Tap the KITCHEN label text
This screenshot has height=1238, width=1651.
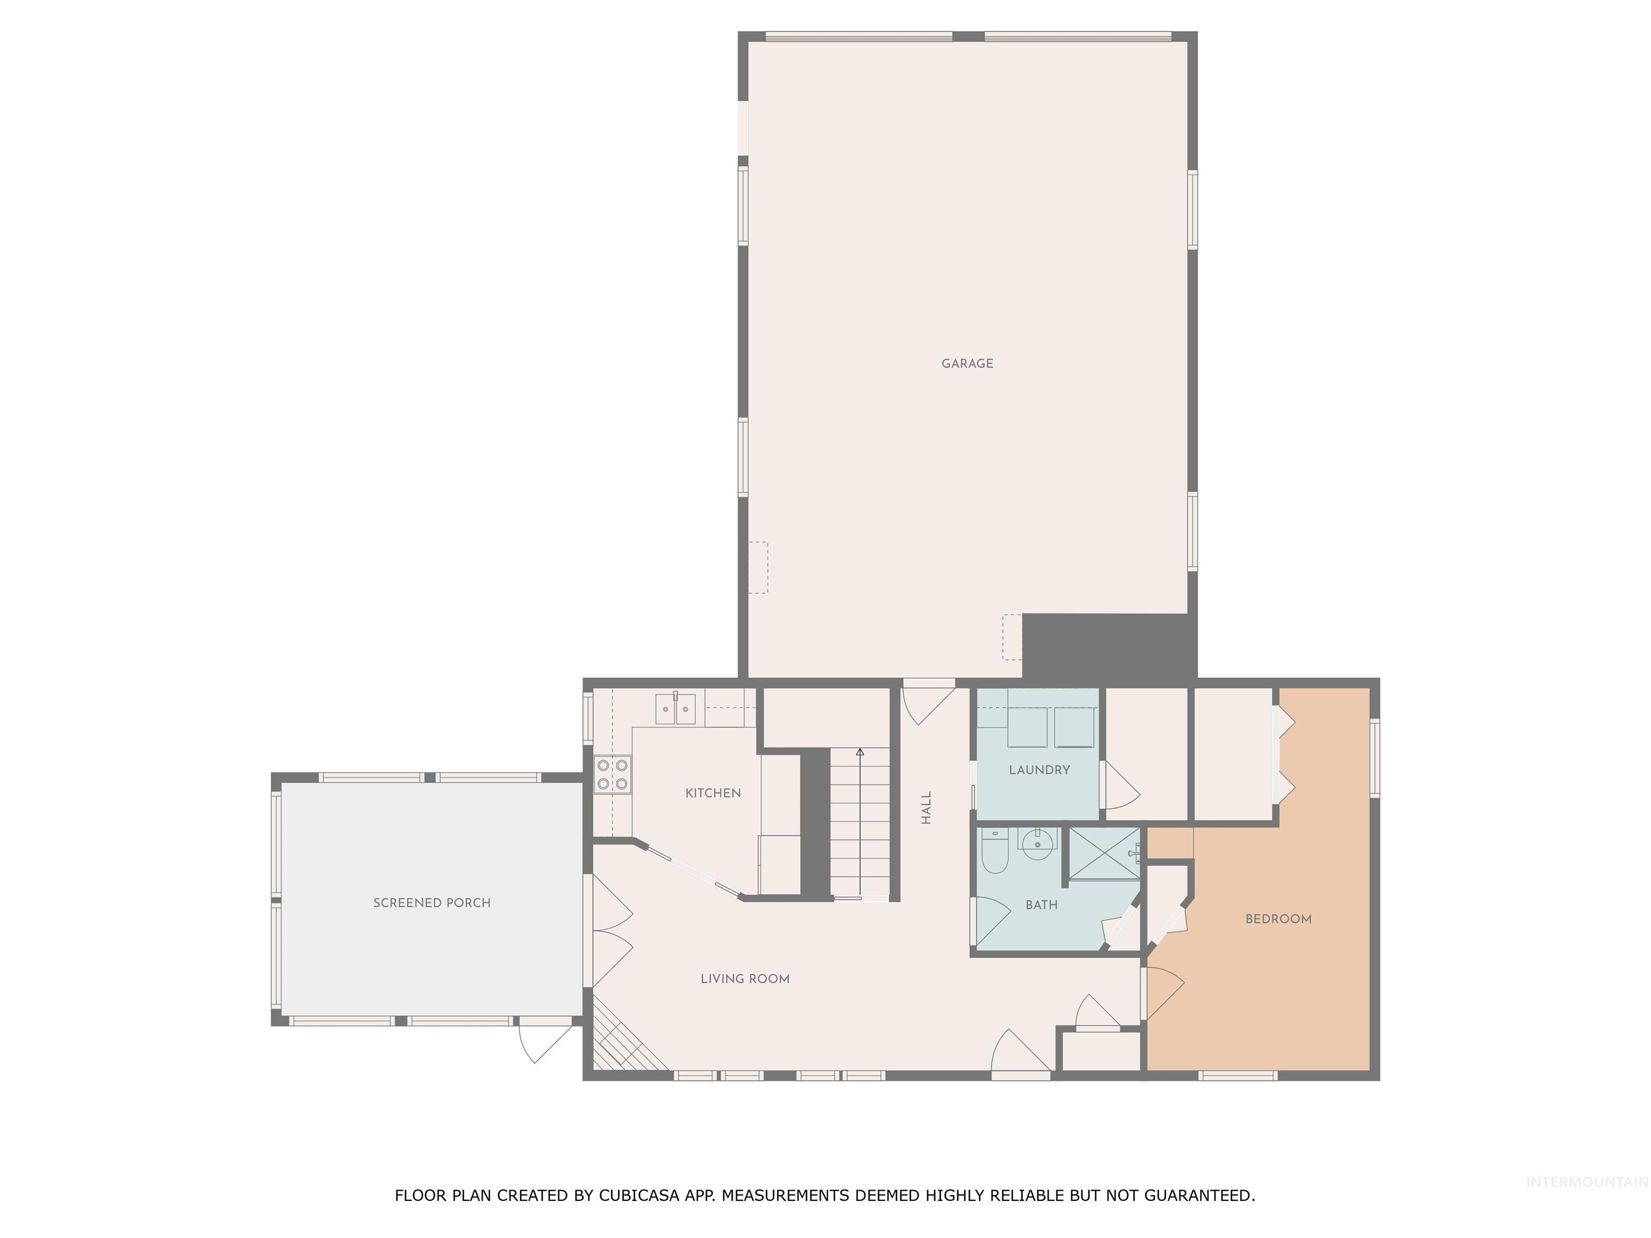pyautogui.click(x=713, y=793)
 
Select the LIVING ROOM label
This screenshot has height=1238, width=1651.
pyautogui.click(x=744, y=979)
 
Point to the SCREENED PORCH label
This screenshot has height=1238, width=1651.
pyautogui.click(x=432, y=903)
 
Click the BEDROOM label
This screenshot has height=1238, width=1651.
pyautogui.click(x=1278, y=919)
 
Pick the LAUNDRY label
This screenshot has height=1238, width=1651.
pyautogui.click(x=1039, y=770)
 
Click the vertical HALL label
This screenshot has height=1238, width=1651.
pyautogui.click(x=926, y=808)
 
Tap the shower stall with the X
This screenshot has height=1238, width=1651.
pyautogui.click(x=1104, y=854)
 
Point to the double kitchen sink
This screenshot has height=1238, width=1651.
pyautogui.click(x=676, y=709)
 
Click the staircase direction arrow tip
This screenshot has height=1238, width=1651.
pyautogui.click(x=860, y=752)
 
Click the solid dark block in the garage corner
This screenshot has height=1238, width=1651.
pyautogui.click(x=1108, y=645)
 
